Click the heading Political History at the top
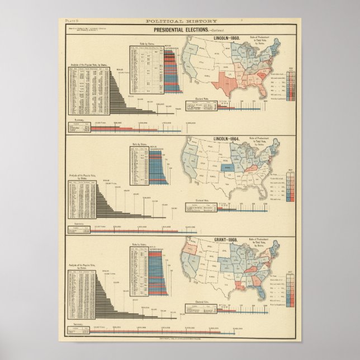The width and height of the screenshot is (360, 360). pos(180,21)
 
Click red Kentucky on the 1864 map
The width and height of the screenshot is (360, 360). pos(241,168)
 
